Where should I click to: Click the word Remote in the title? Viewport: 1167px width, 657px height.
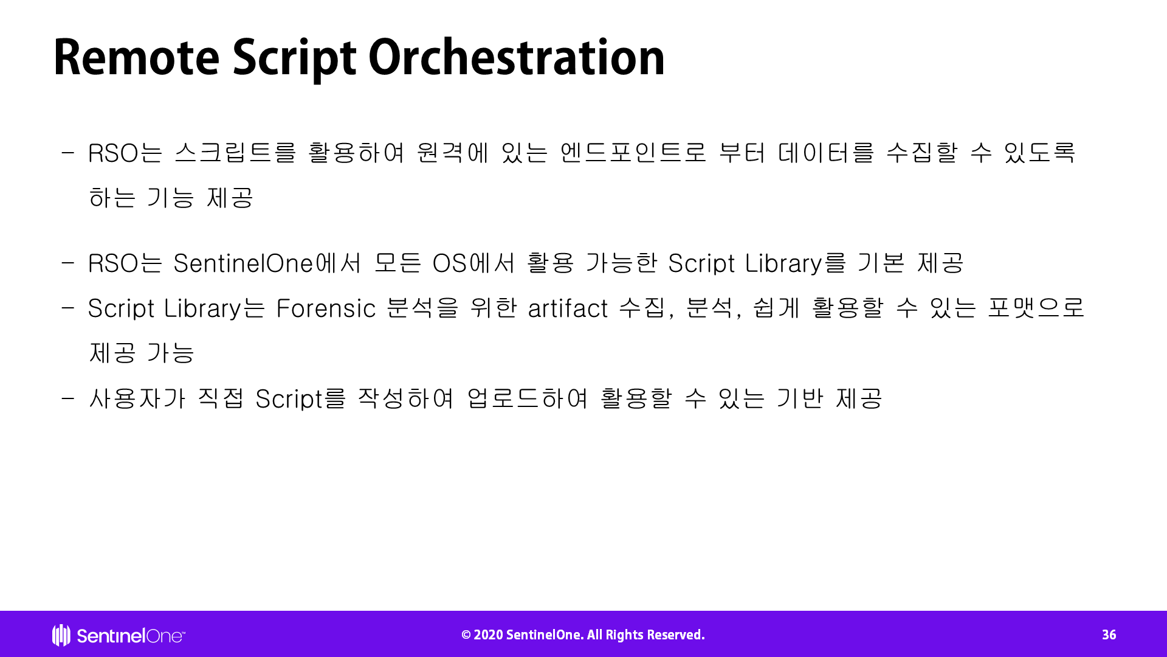click(x=137, y=57)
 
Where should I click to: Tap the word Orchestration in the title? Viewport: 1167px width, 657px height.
click(x=516, y=57)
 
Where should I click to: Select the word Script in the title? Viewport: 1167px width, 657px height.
click(x=294, y=60)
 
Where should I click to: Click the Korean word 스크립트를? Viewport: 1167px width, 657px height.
click(x=235, y=152)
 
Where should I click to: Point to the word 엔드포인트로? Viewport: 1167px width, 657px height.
click(x=633, y=152)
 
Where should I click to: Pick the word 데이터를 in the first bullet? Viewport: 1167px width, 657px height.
click(x=826, y=152)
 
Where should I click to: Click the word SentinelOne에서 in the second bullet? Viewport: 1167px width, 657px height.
click(x=267, y=263)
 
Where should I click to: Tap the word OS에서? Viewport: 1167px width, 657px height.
click(x=473, y=263)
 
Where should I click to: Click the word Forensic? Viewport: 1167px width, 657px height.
click(x=326, y=308)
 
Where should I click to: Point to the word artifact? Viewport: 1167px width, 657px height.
click(x=568, y=308)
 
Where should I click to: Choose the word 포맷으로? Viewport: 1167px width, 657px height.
click(x=1036, y=307)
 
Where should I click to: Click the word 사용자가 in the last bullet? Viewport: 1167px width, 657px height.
click(x=137, y=398)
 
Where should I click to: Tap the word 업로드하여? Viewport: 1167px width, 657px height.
click(x=527, y=398)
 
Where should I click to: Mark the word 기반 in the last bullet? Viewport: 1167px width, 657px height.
click(x=800, y=398)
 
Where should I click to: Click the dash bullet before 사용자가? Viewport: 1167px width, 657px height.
click(x=67, y=399)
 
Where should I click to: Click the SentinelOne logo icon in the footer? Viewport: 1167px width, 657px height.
click(x=61, y=635)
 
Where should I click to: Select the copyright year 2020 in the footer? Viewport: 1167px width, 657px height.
click(x=488, y=635)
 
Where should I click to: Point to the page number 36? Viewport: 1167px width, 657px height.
click(x=1109, y=635)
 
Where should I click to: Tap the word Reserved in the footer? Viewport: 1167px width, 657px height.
click(x=676, y=635)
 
